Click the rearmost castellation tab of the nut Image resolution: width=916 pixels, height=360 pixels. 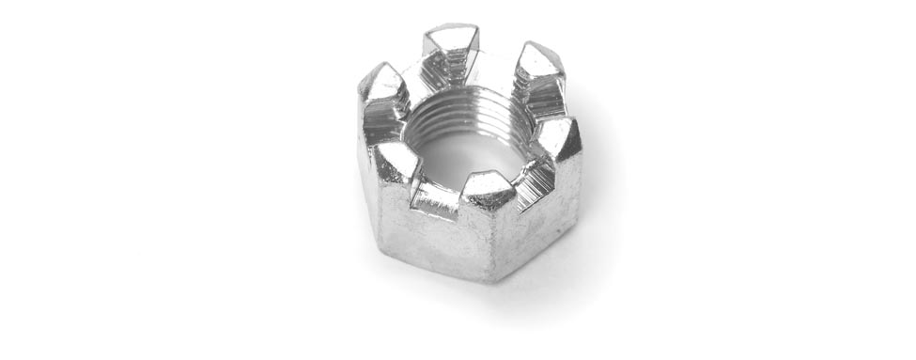[x=452, y=43]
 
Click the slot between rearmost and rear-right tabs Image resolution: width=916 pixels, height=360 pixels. [x=498, y=62]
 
